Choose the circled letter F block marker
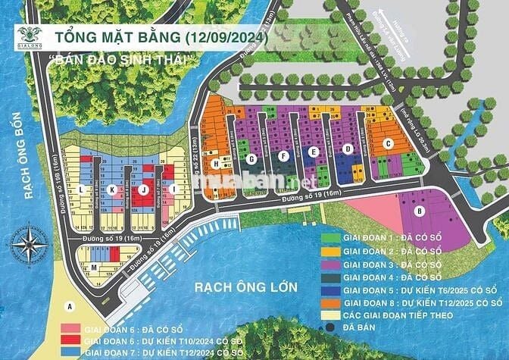[x=283, y=155]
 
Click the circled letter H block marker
[x=216, y=164]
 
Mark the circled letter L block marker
[x=80, y=189]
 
